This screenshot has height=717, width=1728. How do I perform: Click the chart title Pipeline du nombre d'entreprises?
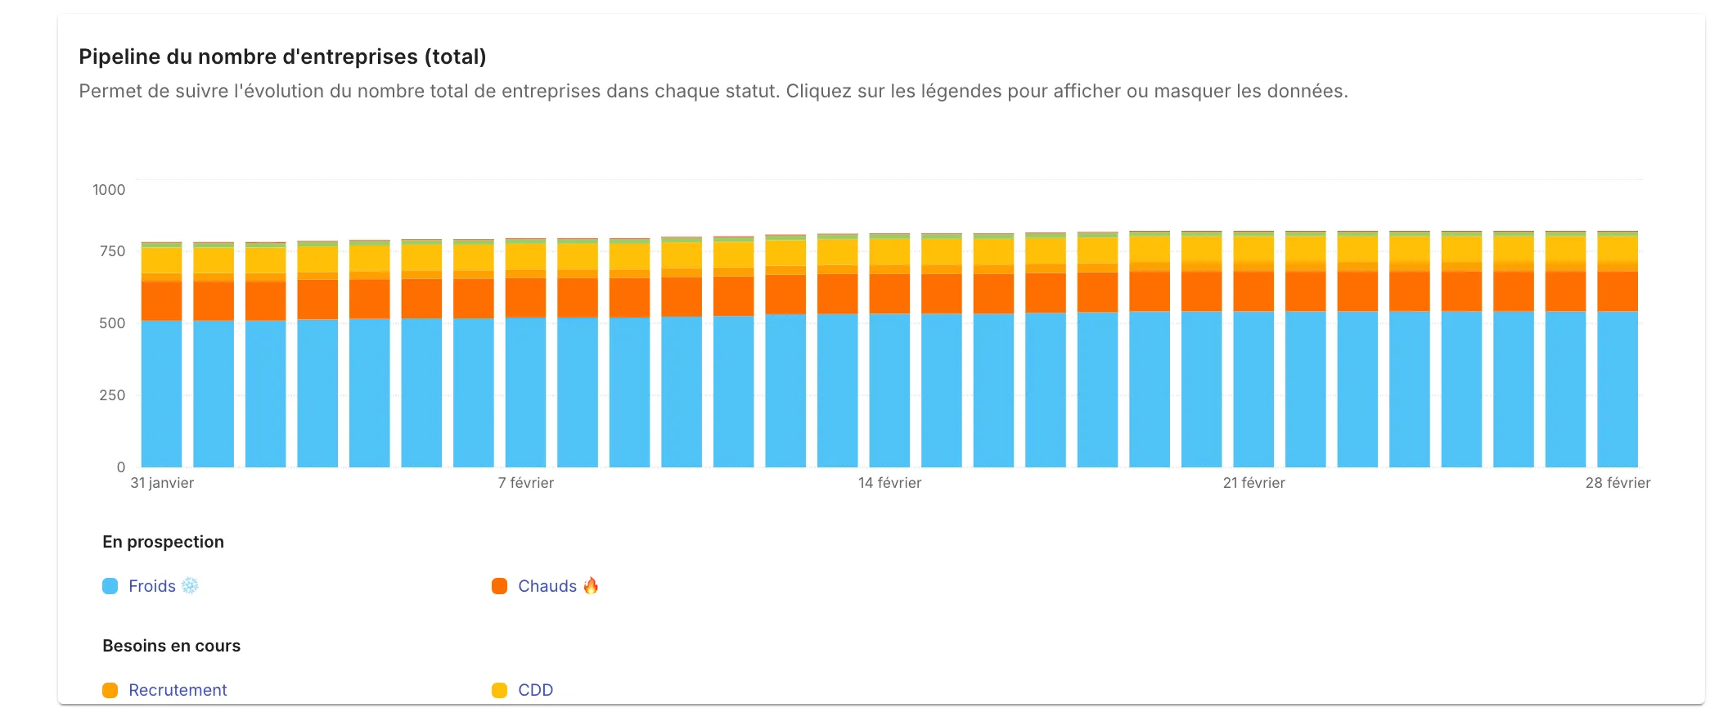pos(282,56)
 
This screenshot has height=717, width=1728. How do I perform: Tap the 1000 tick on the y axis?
pos(109,190)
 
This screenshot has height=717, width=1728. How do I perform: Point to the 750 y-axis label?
pos(112,251)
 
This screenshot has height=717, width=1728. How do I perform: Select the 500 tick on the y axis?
pos(112,323)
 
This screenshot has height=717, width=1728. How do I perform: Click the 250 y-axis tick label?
pos(112,395)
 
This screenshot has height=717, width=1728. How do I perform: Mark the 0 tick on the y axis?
pos(121,467)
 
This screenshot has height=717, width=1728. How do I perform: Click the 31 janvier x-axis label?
pos(162,483)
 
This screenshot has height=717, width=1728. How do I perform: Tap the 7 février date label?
pos(526,483)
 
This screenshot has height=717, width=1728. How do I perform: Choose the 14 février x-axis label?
pos(889,483)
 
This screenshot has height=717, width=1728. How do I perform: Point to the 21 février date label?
pos(1253,483)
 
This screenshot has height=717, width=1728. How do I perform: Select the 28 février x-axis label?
pos(1618,483)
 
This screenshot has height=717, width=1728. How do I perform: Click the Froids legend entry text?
pos(152,586)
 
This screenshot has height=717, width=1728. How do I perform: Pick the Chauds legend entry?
pos(547,586)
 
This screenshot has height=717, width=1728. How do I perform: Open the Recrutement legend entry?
pos(178,690)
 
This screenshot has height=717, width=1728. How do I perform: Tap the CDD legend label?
pos(535,690)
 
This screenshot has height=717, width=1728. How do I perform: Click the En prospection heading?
pos(163,542)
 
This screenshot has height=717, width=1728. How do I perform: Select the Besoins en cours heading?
pos(171,646)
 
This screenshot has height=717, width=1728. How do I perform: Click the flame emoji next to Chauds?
pos(591,585)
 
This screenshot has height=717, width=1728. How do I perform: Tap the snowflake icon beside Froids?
pos(190,585)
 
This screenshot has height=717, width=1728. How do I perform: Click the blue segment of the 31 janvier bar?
pos(161,393)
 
